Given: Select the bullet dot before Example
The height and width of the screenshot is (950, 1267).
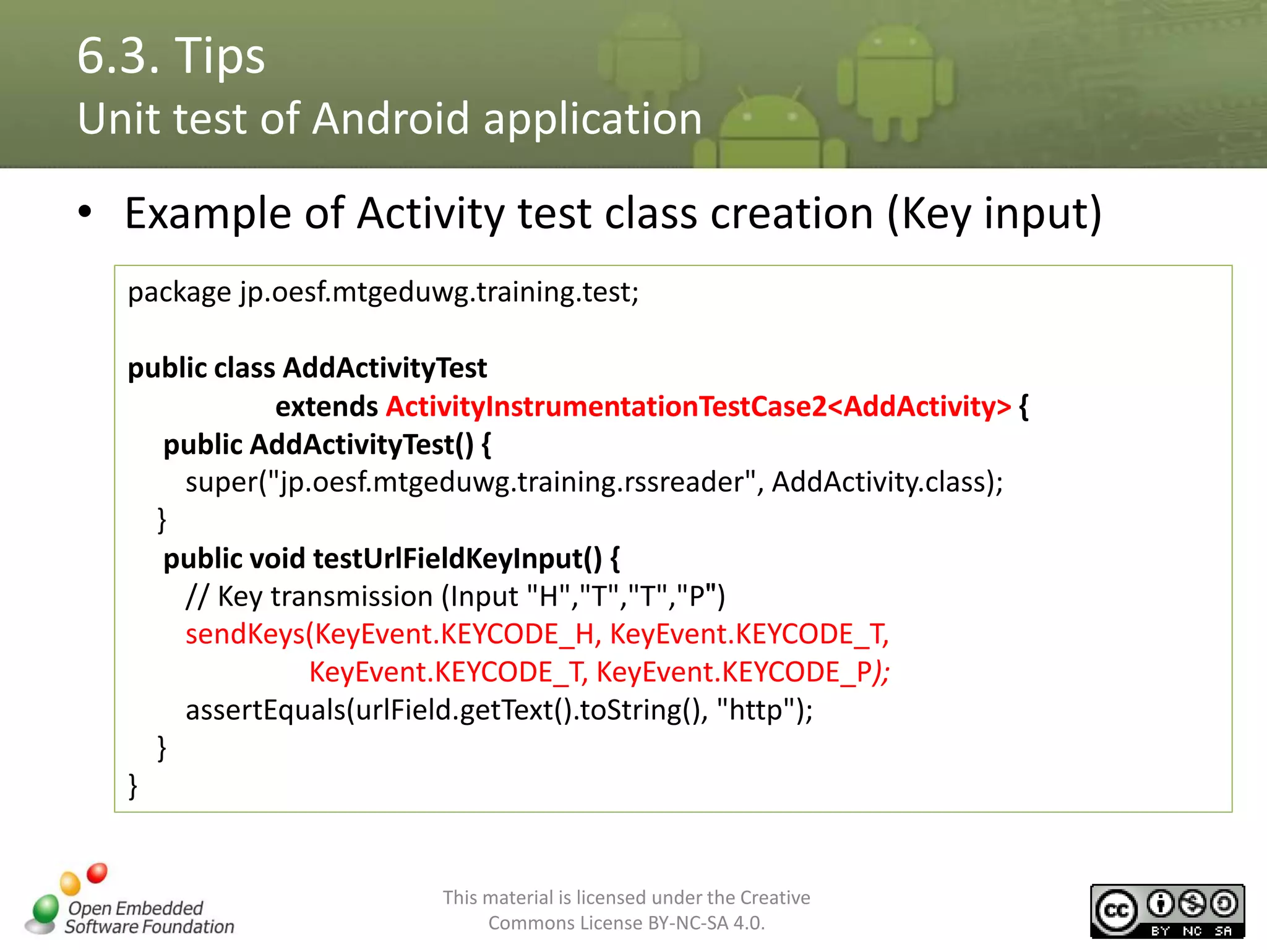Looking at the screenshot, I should click(85, 212).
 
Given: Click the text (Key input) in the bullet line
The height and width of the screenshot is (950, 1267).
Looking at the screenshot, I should click(994, 213).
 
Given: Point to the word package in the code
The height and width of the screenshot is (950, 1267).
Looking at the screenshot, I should click(179, 293).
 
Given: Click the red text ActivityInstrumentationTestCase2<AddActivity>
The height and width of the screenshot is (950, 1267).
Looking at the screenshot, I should click(698, 406).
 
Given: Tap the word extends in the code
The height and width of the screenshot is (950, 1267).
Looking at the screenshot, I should click(326, 406).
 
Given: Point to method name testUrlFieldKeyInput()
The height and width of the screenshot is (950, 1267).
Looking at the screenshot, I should click(457, 558).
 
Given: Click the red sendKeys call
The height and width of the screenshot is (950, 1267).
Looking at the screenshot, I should click(245, 635).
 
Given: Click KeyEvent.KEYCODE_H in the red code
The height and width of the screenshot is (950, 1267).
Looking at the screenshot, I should click(455, 635).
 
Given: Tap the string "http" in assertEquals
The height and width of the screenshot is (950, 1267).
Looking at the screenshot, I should click(756, 710).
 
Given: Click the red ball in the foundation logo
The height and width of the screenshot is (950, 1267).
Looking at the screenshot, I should click(97, 873).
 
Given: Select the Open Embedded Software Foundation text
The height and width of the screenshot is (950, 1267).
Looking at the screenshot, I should click(148, 917).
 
